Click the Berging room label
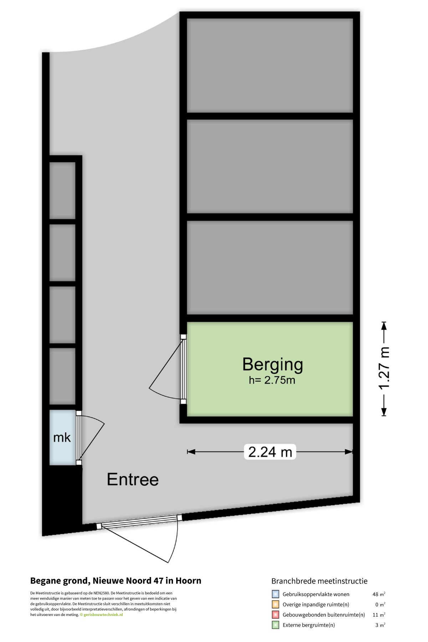click(272, 365)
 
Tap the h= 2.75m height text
click(272, 380)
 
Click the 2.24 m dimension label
click(270, 452)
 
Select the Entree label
click(133, 479)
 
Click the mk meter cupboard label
click(62, 438)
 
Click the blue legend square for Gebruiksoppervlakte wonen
click(275, 594)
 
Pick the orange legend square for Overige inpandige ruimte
click(275, 605)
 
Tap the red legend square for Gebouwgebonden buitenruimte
click(275, 615)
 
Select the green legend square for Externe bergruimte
click(275, 625)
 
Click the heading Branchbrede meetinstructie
click(319, 581)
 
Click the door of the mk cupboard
click(79, 438)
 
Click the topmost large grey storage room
click(270, 66)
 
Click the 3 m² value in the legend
click(380, 625)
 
